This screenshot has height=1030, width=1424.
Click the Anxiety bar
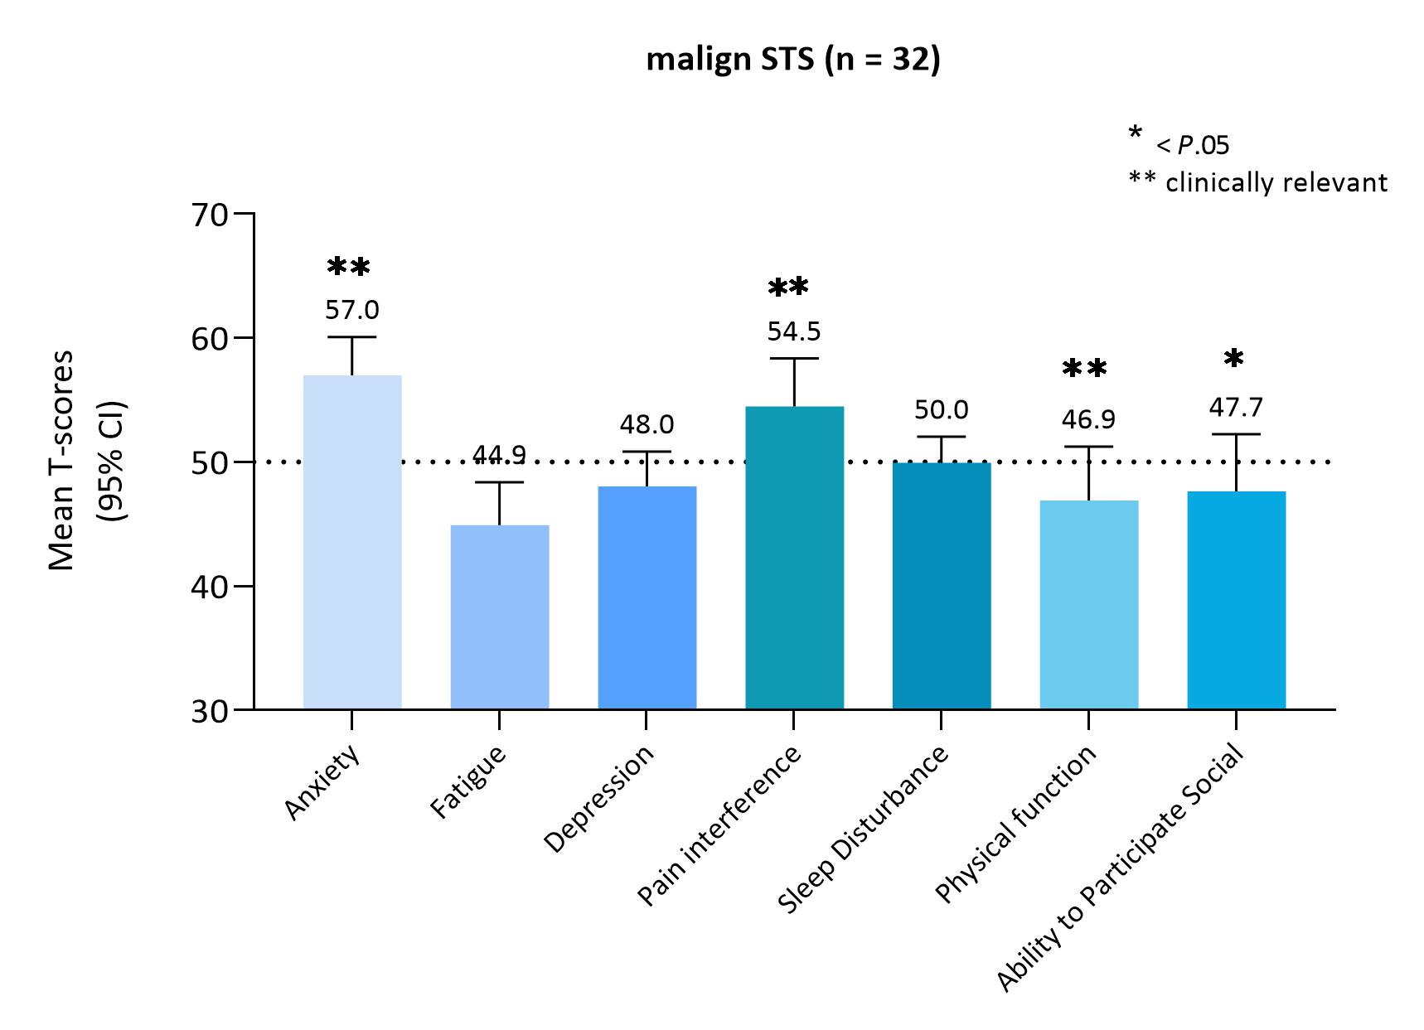click(352, 543)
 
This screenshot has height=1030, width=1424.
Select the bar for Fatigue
click(500, 617)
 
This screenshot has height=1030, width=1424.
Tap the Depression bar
click(647, 597)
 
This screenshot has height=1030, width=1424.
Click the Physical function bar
click(1088, 605)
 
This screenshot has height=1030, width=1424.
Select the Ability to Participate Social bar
click(1236, 600)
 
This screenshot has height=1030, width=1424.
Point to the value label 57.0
click(352, 311)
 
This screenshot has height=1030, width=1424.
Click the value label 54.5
click(794, 332)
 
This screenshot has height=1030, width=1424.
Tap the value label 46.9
click(1088, 420)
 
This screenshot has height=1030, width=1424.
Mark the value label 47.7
click(1236, 408)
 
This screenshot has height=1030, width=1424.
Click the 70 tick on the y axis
click(209, 215)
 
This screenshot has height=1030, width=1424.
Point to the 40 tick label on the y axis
click(209, 587)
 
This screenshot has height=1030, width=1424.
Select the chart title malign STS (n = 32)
click(793, 61)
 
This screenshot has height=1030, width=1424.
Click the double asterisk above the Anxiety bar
click(349, 268)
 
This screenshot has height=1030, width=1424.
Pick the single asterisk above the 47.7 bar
click(1233, 359)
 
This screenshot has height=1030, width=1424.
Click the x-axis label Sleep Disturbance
click(864, 829)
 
